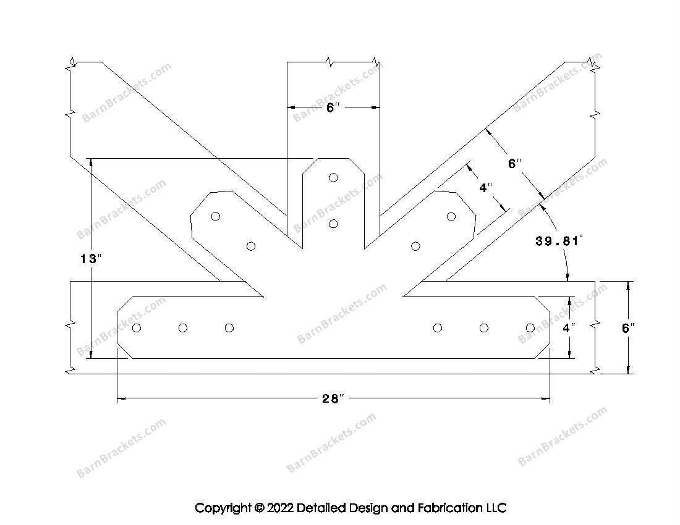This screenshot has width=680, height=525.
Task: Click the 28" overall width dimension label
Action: (333, 398)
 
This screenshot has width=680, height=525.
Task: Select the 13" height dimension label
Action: (91, 259)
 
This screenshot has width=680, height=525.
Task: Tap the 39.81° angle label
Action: (559, 241)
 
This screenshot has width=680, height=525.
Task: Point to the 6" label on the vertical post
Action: (333, 107)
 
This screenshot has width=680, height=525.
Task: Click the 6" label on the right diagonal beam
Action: (514, 163)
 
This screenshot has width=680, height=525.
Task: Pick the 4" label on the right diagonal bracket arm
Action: (486, 188)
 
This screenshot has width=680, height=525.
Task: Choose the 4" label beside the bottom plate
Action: (569, 328)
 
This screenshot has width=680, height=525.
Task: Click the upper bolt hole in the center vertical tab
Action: (333, 177)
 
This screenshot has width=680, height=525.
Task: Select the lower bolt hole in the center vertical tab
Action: (333, 224)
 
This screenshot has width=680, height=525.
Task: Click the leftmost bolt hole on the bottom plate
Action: (137, 328)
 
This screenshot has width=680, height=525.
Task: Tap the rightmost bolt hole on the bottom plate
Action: (530, 328)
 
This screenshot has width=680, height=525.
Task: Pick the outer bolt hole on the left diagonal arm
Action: (216, 216)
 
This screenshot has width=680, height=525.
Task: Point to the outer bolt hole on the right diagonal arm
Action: (451, 216)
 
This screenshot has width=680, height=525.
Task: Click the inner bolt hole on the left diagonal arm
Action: (250, 246)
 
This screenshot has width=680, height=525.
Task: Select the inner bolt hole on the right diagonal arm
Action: (415, 246)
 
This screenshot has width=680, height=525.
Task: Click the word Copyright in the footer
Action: (223, 508)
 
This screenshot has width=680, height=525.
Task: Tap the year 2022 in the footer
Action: (280, 507)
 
